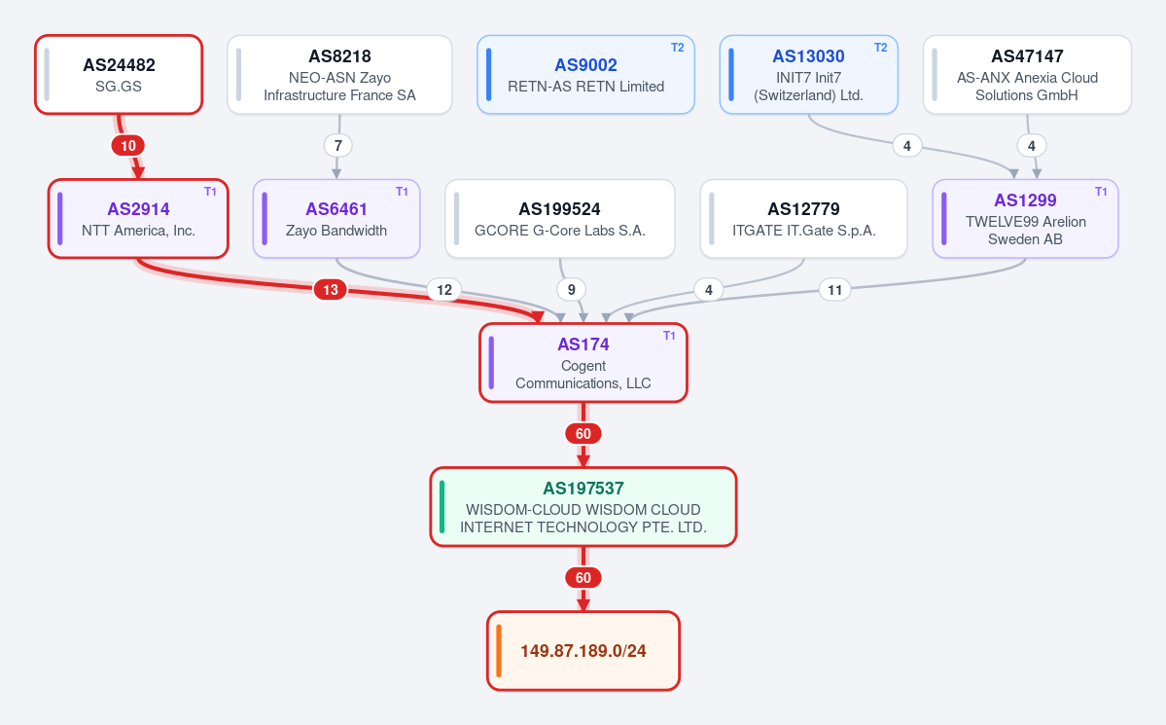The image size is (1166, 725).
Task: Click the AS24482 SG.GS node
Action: tap(119, 74)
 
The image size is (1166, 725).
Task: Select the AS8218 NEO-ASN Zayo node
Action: tap(339, 74)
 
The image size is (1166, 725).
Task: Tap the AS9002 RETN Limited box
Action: tap(586, 74)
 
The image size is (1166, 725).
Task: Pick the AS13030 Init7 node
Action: tap(809, 74)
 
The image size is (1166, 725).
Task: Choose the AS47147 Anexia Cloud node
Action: tap(1027, 74)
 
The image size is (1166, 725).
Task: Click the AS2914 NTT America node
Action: tap(138, 219)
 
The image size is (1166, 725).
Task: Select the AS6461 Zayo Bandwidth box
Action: tap(336, 219)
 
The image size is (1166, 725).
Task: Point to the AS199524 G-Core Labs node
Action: tap(560, 219)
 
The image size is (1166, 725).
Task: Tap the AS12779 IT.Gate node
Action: tap(804, 219)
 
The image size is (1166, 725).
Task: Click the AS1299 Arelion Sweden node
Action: tap(1025, 219)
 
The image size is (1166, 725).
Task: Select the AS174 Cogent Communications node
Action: tap(583, 363)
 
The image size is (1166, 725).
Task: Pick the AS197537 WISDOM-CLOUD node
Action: tap(583, 507)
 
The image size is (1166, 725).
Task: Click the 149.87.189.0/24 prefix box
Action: tap(583, 651)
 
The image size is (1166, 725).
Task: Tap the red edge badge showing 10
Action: tap(128, 146)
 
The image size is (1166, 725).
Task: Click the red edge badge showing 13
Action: tap(331, 290)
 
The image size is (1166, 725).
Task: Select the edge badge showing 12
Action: tap(444, 290)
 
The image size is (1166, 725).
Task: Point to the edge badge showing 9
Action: tap(571, 290)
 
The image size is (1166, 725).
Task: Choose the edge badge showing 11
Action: tap(835, 290)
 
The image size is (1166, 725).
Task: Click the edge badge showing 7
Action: tap(338, 146)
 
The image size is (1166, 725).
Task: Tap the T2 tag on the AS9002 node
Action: tap(678, 48)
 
